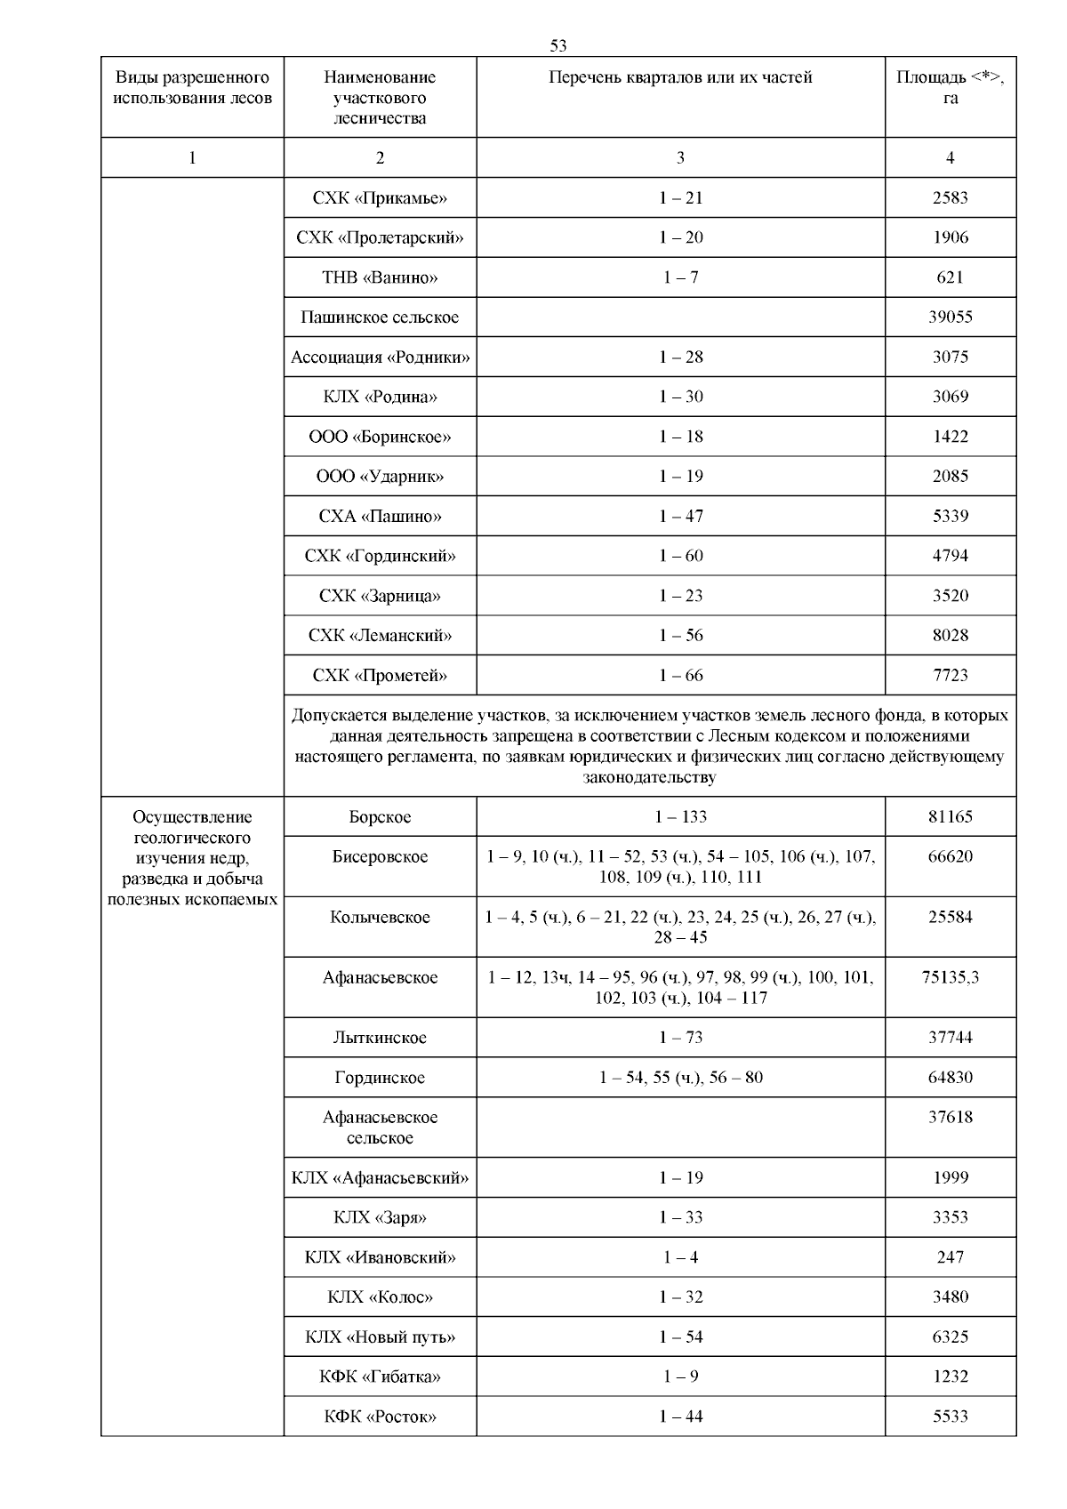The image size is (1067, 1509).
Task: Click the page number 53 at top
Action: (x=558, y=45)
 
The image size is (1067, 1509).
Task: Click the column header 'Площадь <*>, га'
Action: (x=950, y=87)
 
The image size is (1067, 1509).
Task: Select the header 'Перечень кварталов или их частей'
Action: (x=680, y=77)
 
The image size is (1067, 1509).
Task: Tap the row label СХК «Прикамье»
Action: (x=380, y=197)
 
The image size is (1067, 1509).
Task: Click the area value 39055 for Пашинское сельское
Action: (x=950, y=317)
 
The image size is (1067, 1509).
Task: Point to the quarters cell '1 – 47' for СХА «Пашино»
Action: (x=680, y=516)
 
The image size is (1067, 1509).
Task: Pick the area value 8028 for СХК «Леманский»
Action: (x=950, y=636)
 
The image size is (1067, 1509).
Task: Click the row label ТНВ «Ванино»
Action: (x=380, y=277)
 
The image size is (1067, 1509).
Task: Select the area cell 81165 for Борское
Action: (x=950, y=816)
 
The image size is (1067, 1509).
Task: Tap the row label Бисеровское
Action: (x=380, y=857)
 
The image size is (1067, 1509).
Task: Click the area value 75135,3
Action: (x=950, y=977)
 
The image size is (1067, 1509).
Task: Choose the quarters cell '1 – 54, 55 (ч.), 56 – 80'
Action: (x=680, y=1078)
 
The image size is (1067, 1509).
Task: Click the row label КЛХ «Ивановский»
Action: (x=380, y=1257)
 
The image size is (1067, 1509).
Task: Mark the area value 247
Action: (x=950, y=1257)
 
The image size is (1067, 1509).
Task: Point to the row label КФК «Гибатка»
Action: (x=380, y=1377)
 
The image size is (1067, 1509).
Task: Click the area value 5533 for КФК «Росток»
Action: (x=950, y=1417)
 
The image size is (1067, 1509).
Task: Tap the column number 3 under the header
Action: (x=680, y=157)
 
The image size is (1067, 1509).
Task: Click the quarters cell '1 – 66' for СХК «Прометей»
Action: (x=680, y=676)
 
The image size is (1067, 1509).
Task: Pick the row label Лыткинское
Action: (x=380, y=1038)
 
